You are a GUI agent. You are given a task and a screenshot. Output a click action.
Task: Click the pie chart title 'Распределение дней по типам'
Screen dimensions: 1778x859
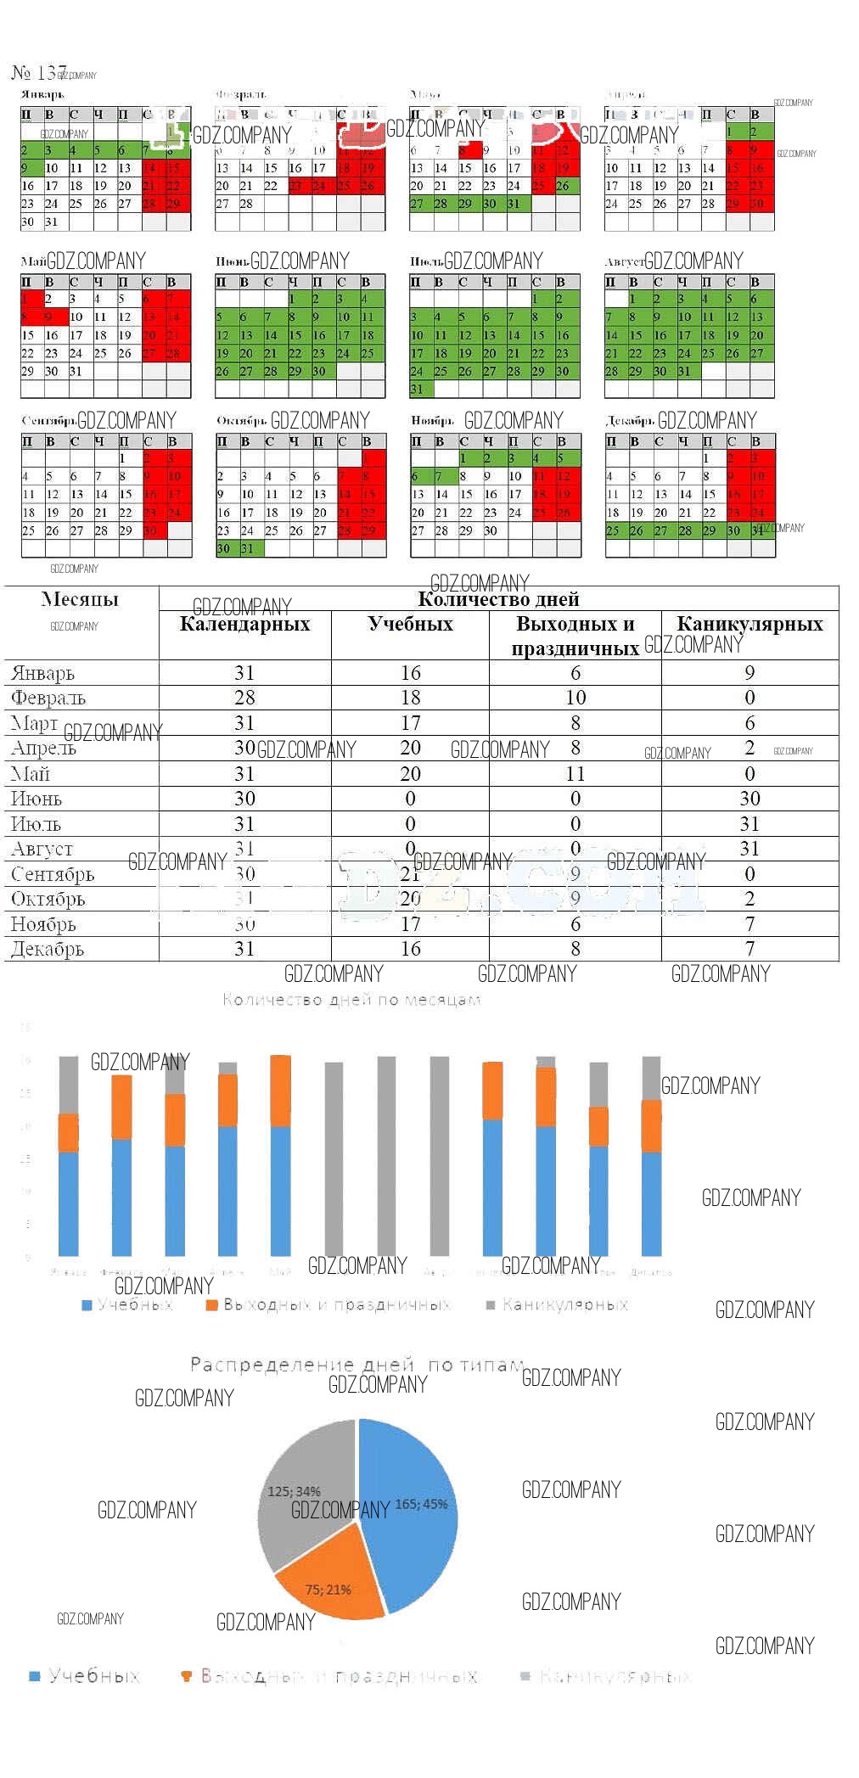point(357,1365)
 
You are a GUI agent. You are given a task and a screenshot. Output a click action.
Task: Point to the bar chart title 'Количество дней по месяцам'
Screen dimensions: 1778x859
point(351,1000)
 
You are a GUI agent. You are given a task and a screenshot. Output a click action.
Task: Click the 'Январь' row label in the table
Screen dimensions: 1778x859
point(43,674)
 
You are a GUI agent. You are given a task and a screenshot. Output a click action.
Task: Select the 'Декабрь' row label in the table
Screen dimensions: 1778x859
point(48,950)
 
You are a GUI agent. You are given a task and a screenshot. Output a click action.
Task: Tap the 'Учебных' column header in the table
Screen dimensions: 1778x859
point(410,625)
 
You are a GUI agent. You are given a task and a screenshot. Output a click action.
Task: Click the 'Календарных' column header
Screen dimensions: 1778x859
point(244,625)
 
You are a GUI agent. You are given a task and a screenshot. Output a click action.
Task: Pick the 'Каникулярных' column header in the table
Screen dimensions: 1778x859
point(750,625)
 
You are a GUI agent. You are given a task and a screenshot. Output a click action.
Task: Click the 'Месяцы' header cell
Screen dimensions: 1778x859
point(80,599)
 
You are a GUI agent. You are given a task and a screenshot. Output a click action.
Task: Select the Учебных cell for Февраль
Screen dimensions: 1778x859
point(410,698)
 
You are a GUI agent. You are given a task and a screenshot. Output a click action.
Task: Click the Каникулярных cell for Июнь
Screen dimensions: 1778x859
point(750,799)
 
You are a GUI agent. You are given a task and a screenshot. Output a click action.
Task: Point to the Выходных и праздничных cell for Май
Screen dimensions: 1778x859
point(575,774)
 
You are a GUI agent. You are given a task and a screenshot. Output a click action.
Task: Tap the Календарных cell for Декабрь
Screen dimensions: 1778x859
point(244,949)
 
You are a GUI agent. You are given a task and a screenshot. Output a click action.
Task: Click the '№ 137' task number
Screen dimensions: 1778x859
point(38,73)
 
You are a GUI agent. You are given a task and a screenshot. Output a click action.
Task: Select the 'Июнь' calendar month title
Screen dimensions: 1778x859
point(232,261)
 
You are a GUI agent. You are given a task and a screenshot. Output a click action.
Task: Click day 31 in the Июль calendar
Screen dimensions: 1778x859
point(416,390)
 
